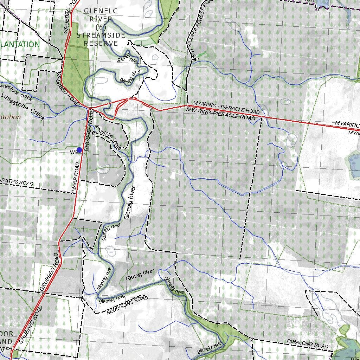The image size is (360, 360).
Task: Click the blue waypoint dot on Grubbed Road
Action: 79,150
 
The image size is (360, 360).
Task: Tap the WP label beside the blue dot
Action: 73,152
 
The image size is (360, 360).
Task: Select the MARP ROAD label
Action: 77,176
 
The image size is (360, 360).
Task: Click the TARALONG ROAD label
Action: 307,343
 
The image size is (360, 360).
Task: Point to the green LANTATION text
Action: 20,44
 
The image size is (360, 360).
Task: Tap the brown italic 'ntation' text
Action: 10,117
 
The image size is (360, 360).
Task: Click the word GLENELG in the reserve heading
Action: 98,11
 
